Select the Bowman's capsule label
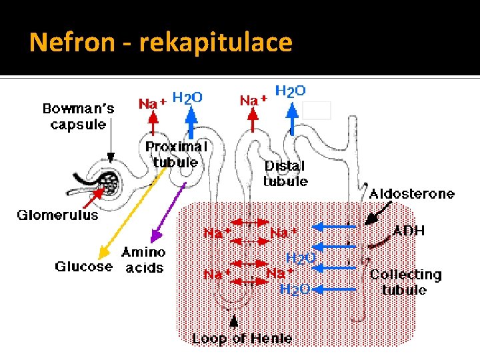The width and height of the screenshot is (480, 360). pyautogui.click(x=79, y=116)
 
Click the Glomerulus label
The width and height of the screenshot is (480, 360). pyautogui.click(x=57, y=215)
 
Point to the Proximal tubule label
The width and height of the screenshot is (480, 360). pyautogui.click(x=176, y=154)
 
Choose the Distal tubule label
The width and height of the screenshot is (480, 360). pyautogui.click(x=285, y=173)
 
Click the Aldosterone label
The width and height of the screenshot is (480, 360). pyautogui.click(x=412, y=194)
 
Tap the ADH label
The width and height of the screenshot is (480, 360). pyautogui.click(x=409, y=231)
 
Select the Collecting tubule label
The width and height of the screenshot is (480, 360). pyautogui.click(x=405, y=282)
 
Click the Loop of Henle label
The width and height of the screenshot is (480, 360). pyautogui.click(x=242, y=339)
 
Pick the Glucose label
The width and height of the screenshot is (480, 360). pyautogui.click(x=83, y=267)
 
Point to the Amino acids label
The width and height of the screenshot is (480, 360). pyautogui.click(x=143, y=260)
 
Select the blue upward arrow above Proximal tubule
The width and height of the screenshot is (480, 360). pyautogui.click(x=191, y=123)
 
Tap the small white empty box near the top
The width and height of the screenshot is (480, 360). pyautogui.click(x=317, y=109)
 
